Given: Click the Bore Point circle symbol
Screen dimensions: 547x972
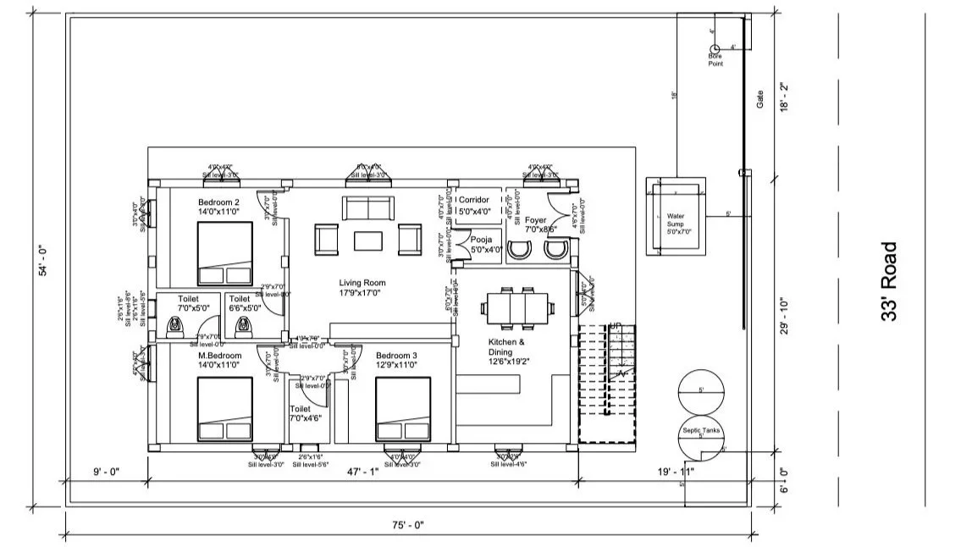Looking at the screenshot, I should pos(714,49).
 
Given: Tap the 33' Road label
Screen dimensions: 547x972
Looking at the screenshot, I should pos(889,282).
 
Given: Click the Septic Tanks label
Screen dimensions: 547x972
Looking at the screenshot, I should pos(700,430).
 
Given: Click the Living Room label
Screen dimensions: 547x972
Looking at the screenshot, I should pos(362,288).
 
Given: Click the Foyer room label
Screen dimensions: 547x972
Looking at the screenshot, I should pos(537,224).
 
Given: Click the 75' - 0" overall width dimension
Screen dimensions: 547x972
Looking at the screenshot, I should pos(408,525).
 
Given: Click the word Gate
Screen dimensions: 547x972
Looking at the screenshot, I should pos(759,101).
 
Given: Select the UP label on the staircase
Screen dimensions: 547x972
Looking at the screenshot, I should pos(616,326).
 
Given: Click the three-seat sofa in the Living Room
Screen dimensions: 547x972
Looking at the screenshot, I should pos(367,207).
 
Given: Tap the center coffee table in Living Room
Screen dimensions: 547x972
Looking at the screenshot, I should pos(368,241).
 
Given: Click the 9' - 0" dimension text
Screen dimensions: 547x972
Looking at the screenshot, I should pos(107,472).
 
